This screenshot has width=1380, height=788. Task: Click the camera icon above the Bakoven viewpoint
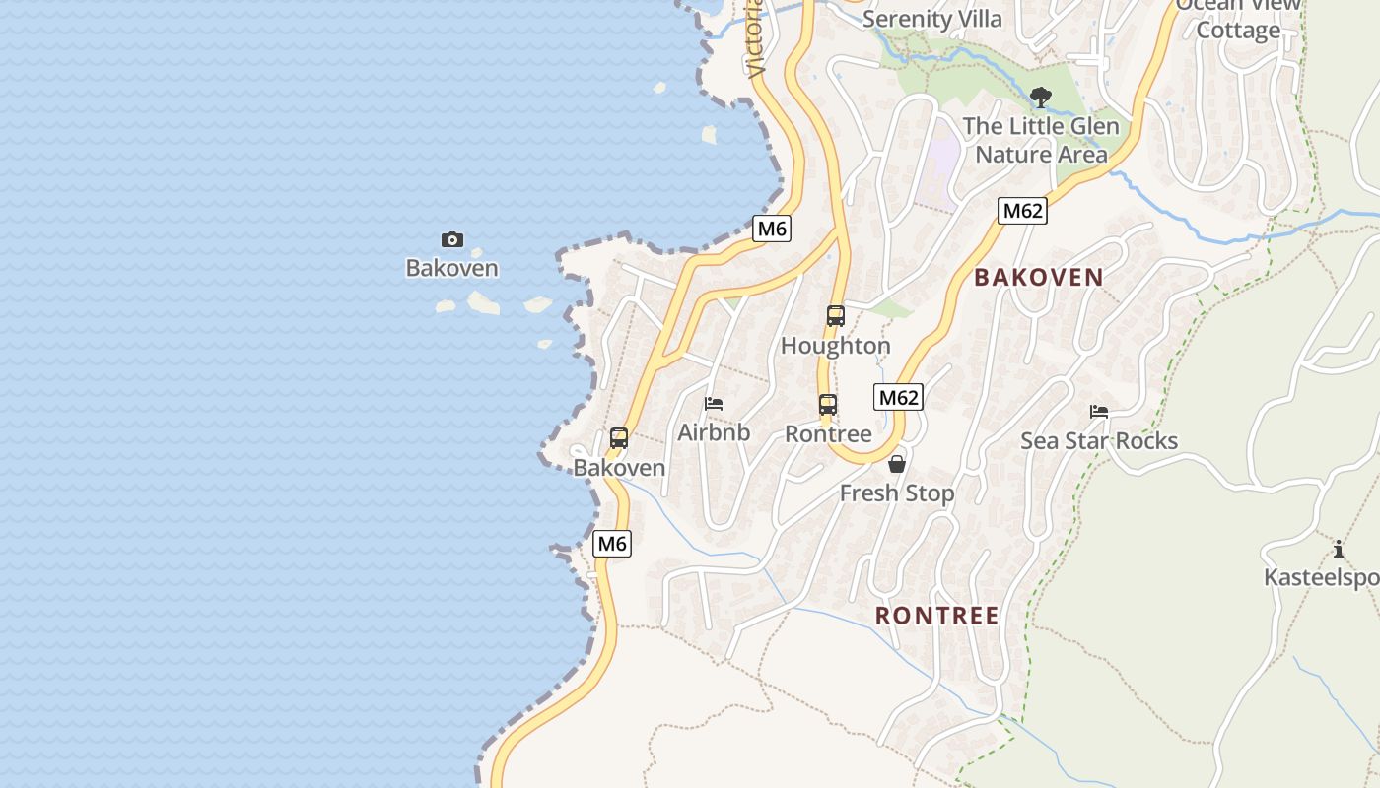[x=452, y=239]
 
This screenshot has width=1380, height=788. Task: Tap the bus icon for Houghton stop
[x=836, y=316]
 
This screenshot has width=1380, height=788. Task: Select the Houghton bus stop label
[x=836, y=346]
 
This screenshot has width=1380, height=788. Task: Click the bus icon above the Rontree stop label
[x=828, y=405]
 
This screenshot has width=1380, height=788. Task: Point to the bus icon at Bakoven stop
[x=619, y=438]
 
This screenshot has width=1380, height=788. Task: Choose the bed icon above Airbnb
[x=714, y=404]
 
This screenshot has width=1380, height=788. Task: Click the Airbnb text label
[x=714, y=432]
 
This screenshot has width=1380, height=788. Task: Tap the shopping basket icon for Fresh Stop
[x=897, y=464]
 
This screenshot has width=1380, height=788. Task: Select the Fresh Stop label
[x=897, y=493]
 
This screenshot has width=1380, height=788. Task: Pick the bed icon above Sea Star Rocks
[x=1099, y=412]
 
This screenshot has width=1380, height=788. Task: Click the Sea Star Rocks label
[x=1099, y=440]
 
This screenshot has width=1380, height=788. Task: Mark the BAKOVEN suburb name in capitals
[x=1039, y=278]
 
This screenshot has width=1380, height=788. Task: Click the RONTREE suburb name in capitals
[x=937, y=616]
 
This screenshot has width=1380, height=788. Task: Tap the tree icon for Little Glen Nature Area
[x=1040, y=97]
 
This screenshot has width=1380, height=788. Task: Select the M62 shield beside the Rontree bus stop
[x=898, y=397]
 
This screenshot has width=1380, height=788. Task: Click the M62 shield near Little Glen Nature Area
[x=1022, y=211]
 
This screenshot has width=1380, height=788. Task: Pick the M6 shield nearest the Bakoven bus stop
[x=612, y=543]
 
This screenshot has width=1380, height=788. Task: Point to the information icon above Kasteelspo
[x=1338, y=549]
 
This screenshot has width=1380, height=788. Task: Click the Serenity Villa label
[x=932, y=19]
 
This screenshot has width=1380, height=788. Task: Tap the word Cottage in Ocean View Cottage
[x=1238, y=31]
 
